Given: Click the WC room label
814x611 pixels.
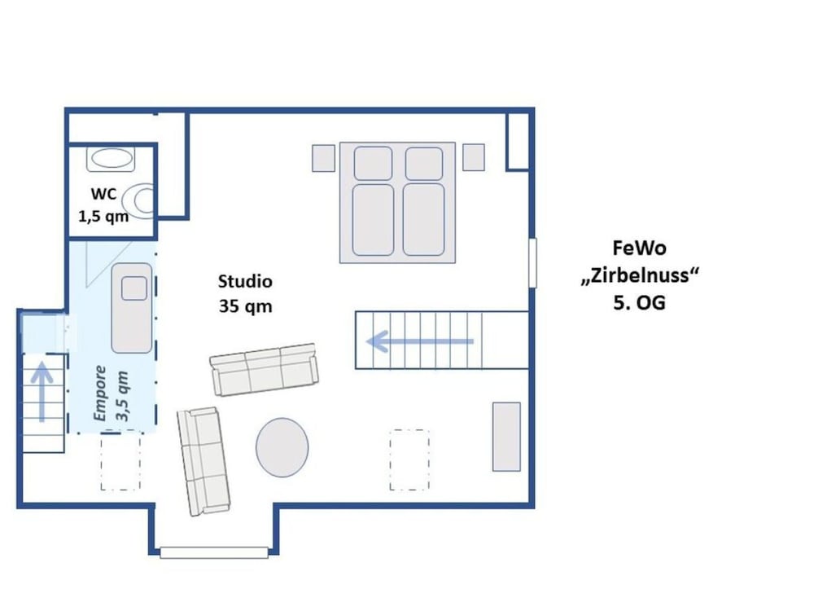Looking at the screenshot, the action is [x=104, y=195].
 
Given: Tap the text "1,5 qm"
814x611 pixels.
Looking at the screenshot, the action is [x=103, y=216].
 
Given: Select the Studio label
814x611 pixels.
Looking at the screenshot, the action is [x=245, y=282].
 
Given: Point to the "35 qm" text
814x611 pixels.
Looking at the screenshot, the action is [x=246, y=306].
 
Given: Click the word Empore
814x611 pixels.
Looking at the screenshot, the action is [x=99, y=393].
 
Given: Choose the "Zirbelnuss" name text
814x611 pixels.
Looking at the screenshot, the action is [x=640, y=275].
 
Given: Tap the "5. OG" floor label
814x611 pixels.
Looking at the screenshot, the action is [x=640, y=303].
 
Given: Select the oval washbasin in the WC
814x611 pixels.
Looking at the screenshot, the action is [x=111, y=159].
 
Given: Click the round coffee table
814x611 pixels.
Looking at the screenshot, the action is [x=282, y=447].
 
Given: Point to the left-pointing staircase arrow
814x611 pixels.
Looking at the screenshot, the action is [x=420, y=341].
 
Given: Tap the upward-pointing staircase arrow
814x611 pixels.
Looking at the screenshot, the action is [x=42, y=392].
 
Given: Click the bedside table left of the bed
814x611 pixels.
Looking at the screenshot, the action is [x=323, y=158].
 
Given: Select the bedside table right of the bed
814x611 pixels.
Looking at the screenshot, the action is [x=474, y=157].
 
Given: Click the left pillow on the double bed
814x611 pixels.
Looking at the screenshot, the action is [x=374, y=164].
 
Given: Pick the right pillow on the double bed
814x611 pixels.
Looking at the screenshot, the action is [x=424, y=164].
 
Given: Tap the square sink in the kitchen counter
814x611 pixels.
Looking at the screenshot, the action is [x=134, y=289].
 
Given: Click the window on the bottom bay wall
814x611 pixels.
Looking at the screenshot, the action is [x=214, y=553].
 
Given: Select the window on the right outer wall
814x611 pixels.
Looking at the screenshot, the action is [x=532, y=263].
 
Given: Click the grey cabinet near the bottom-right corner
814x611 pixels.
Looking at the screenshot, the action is [x=506, y=437].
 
